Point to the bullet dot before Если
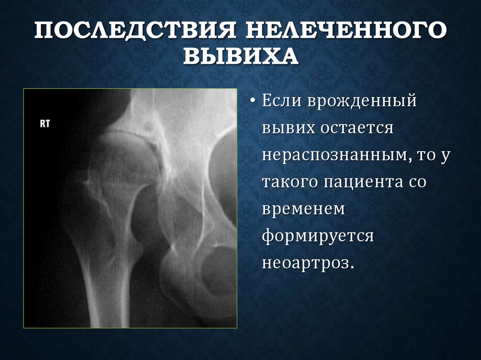(252, 101)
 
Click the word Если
(281, 101)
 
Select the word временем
(303, 209)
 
